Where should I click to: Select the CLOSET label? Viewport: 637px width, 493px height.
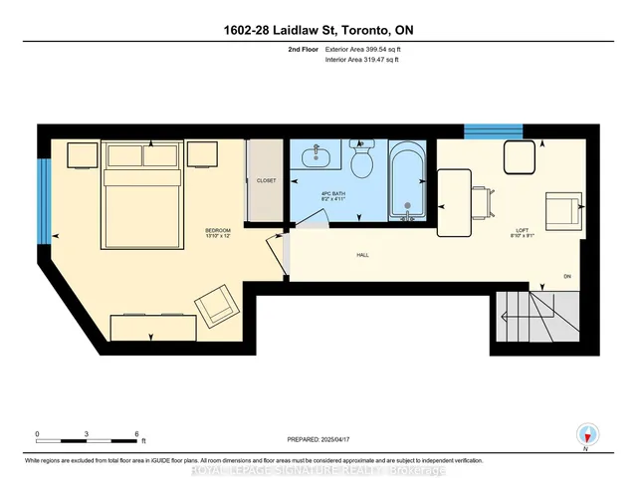266,181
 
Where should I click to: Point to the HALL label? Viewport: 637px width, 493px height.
363,256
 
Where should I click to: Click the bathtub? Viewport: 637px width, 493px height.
405,181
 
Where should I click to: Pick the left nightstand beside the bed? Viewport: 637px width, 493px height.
82,155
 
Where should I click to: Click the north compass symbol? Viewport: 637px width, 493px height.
586,434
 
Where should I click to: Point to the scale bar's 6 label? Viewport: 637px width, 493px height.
135,434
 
